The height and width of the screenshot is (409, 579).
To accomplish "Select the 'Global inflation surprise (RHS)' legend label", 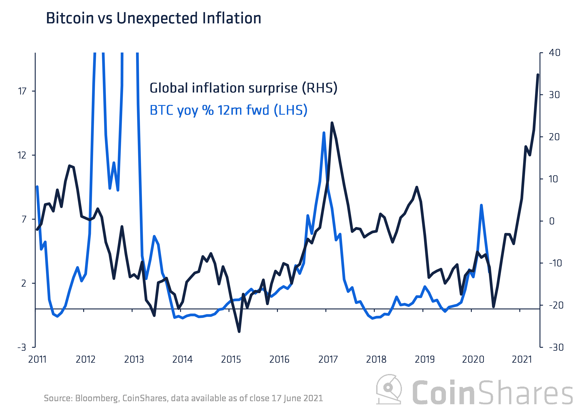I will pos(243,88).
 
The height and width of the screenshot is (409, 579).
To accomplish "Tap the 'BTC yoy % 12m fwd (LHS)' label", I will pos(229,110).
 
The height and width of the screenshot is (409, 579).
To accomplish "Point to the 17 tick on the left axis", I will pos(22,91).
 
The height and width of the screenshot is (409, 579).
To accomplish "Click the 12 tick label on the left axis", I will pos(22,155).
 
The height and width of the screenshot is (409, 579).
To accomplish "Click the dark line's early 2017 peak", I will pos(332,123).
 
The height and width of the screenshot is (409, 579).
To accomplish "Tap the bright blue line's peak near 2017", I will pos(324,132).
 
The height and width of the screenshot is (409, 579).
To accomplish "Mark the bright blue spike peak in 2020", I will pos(481,205).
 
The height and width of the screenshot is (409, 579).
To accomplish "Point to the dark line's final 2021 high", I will pos(538,75).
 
